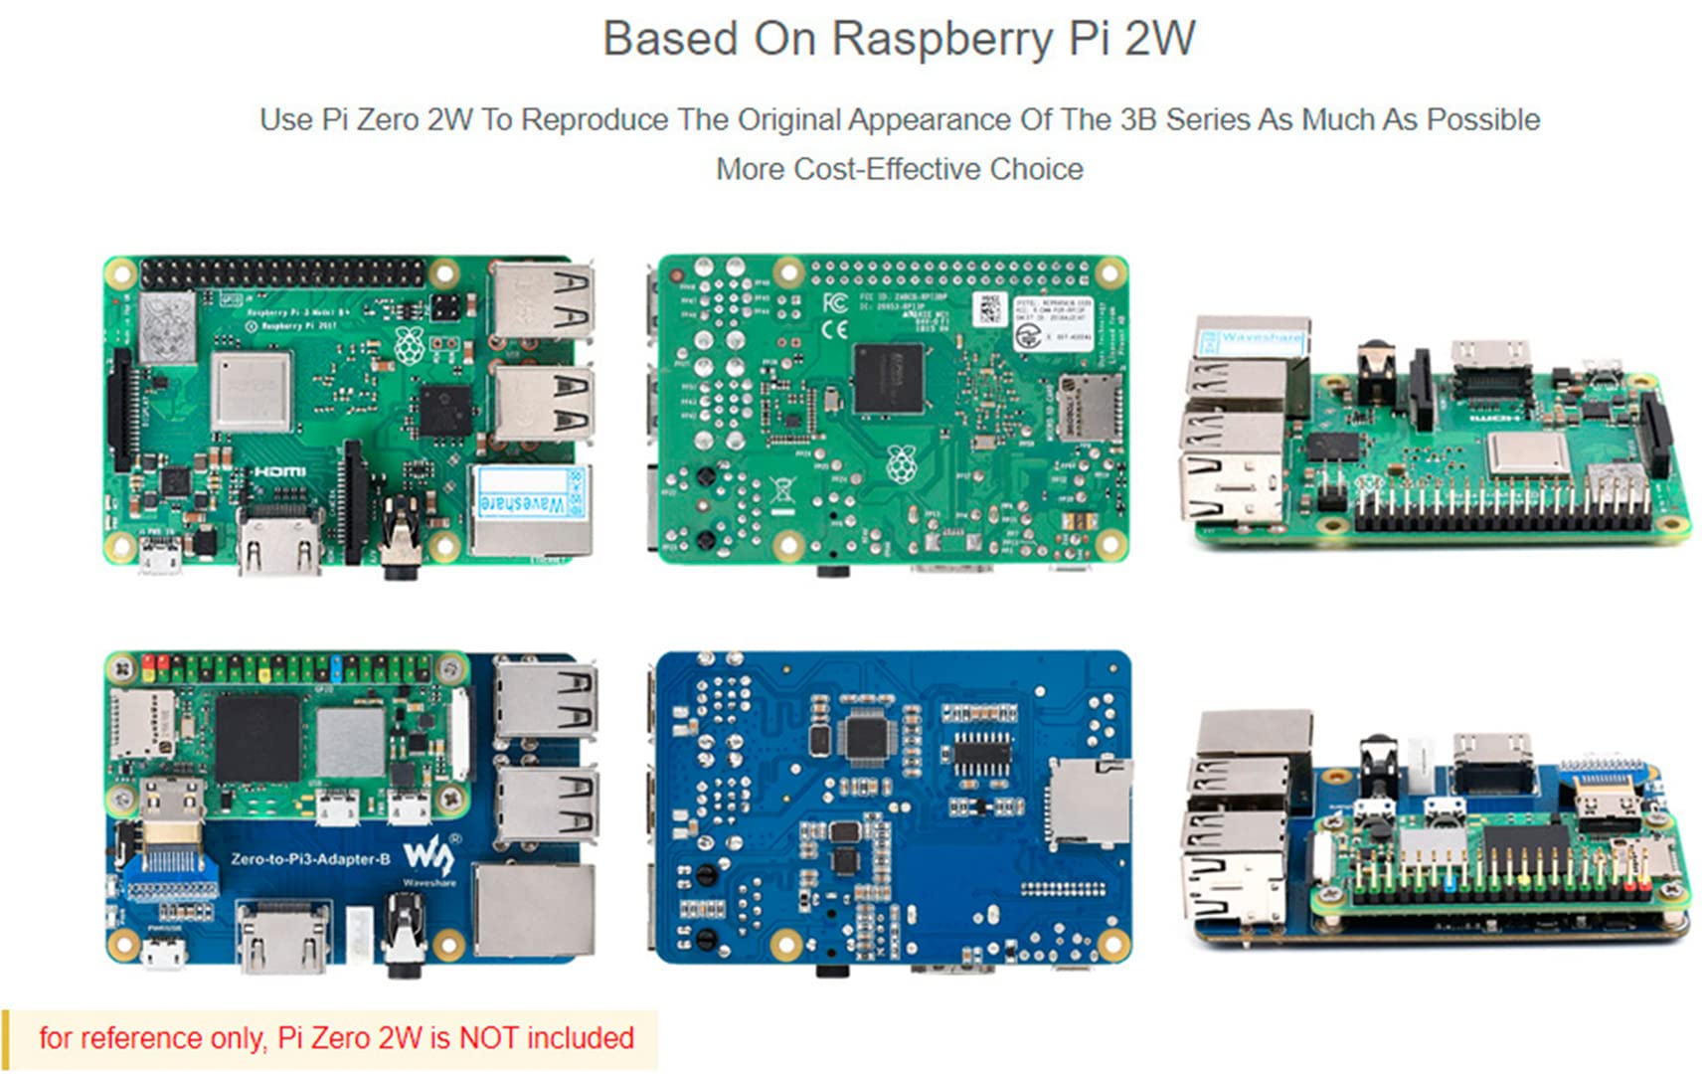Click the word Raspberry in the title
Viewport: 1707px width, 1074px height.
tap(940, 40)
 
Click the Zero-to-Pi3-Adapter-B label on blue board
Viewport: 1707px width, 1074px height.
tap(310, 859)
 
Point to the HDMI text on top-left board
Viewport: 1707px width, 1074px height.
tap(279, 470)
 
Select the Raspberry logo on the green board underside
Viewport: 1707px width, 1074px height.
tap(901, 463)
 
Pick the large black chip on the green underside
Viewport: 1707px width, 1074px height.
tap(888, 378)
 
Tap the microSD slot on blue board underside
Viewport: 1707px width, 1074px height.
tap(1089, 801)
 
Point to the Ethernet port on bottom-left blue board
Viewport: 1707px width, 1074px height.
tap(535, 910)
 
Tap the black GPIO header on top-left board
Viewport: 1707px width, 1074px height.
tap(282, 272)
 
